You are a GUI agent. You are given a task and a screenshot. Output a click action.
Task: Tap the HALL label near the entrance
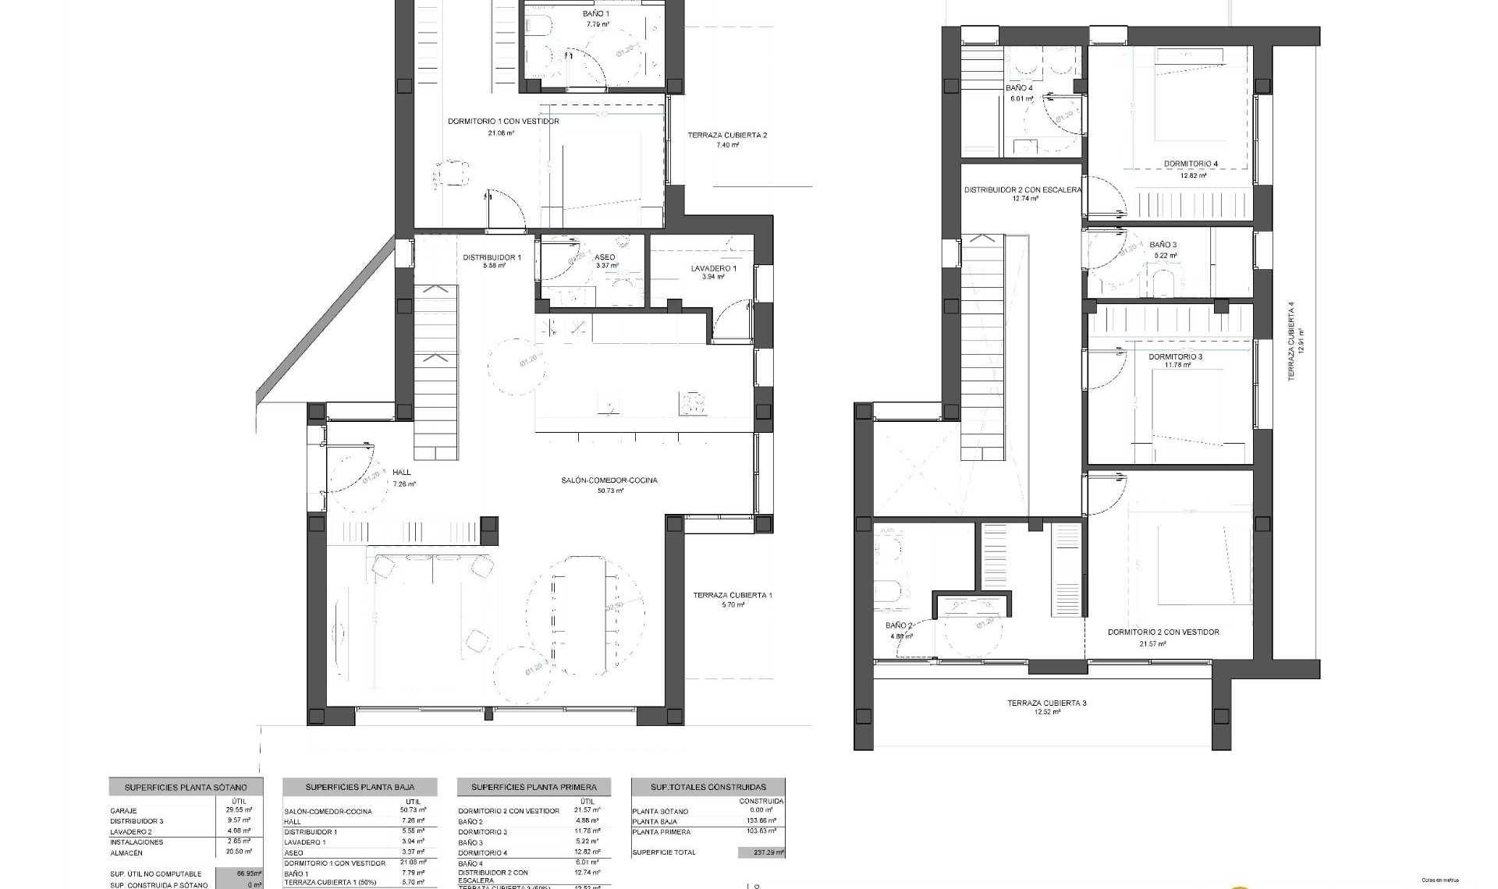coord(402,473)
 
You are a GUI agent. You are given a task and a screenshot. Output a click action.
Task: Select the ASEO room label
coord(604,257)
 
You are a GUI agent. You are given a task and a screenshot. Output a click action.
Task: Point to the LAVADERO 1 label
coord(713,268)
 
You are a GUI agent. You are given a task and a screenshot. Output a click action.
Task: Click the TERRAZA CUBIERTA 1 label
coord(732,596)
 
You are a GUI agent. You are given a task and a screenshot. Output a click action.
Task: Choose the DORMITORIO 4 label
coord(1190,165)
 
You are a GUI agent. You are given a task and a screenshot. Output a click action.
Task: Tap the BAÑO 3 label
coord(1163,245)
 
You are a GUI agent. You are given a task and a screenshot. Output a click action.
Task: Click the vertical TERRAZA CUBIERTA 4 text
coord(1290,342)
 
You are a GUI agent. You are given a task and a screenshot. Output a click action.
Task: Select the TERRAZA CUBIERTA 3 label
coord(1046,703)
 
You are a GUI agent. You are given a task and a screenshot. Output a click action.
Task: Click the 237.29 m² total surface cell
coord(761,853)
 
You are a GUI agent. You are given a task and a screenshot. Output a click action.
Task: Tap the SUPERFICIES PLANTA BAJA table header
coord(360,788)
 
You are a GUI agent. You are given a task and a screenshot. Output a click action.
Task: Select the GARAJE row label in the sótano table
coord(123,811)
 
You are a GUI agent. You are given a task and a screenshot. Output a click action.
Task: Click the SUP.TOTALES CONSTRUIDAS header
coord(708,788)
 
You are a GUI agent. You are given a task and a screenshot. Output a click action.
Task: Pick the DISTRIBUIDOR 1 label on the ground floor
coord(492,257)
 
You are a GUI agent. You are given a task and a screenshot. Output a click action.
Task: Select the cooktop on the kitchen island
coord(694,404)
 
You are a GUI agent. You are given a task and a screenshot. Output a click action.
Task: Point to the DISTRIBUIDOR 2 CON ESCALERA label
coord(1022,190)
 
